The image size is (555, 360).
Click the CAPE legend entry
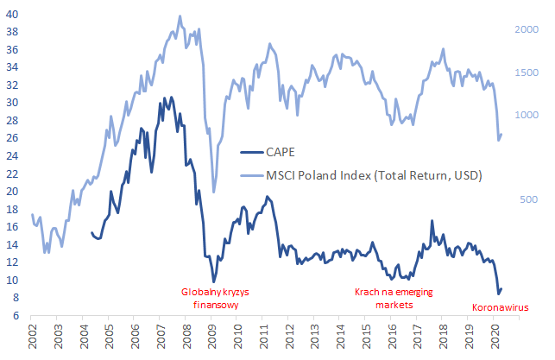pos(280,152)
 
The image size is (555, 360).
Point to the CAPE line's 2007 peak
pos(171,97)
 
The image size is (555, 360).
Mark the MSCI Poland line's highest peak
pos(180,16)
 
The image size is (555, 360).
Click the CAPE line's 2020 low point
pos(497,295)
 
